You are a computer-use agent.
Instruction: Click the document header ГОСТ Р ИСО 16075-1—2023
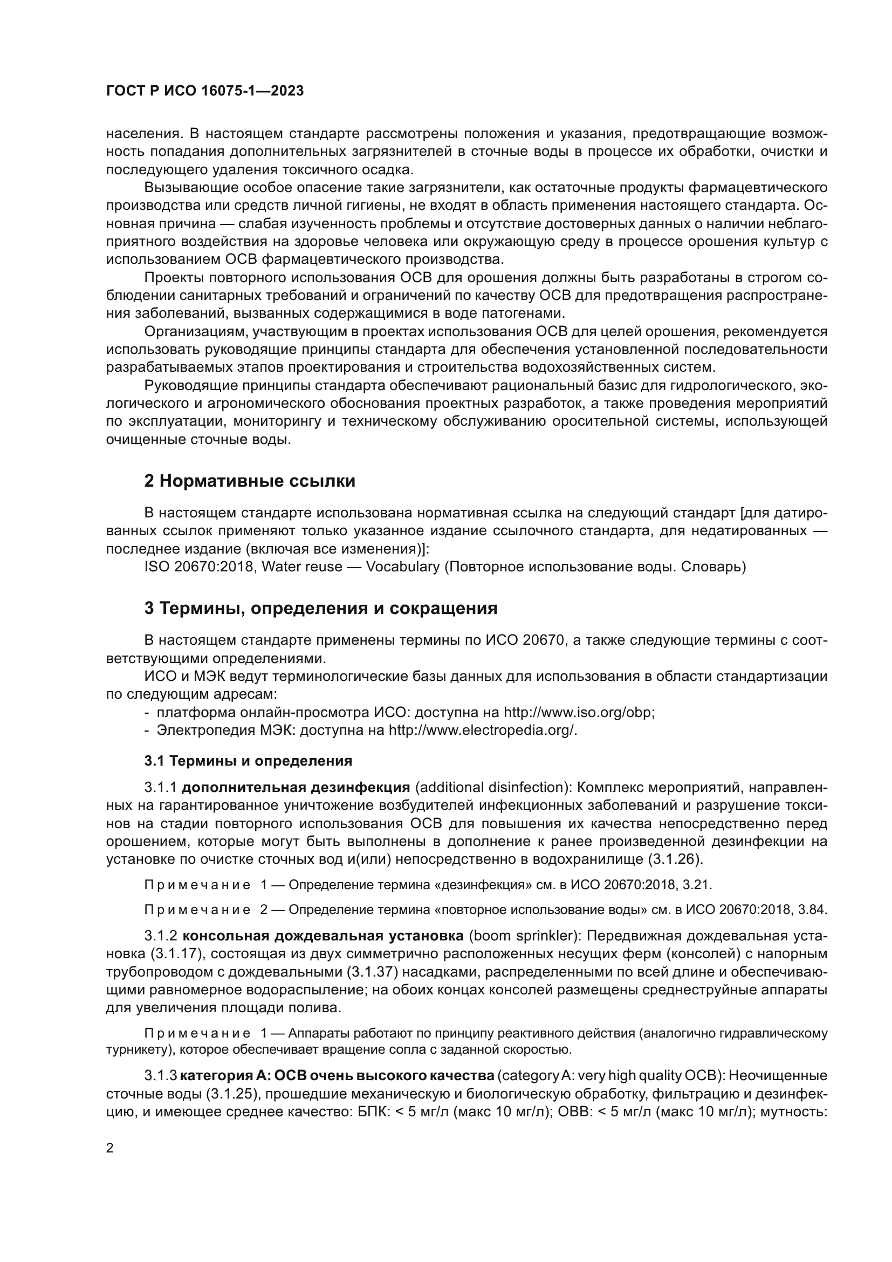click(204, 91)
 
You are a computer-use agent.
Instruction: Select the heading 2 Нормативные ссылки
click(249, 481)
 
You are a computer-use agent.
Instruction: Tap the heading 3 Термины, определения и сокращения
click(321, 608)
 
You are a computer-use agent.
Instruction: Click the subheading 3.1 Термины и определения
click(248, 761)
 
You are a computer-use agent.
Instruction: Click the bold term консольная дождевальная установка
click(323, 936)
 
